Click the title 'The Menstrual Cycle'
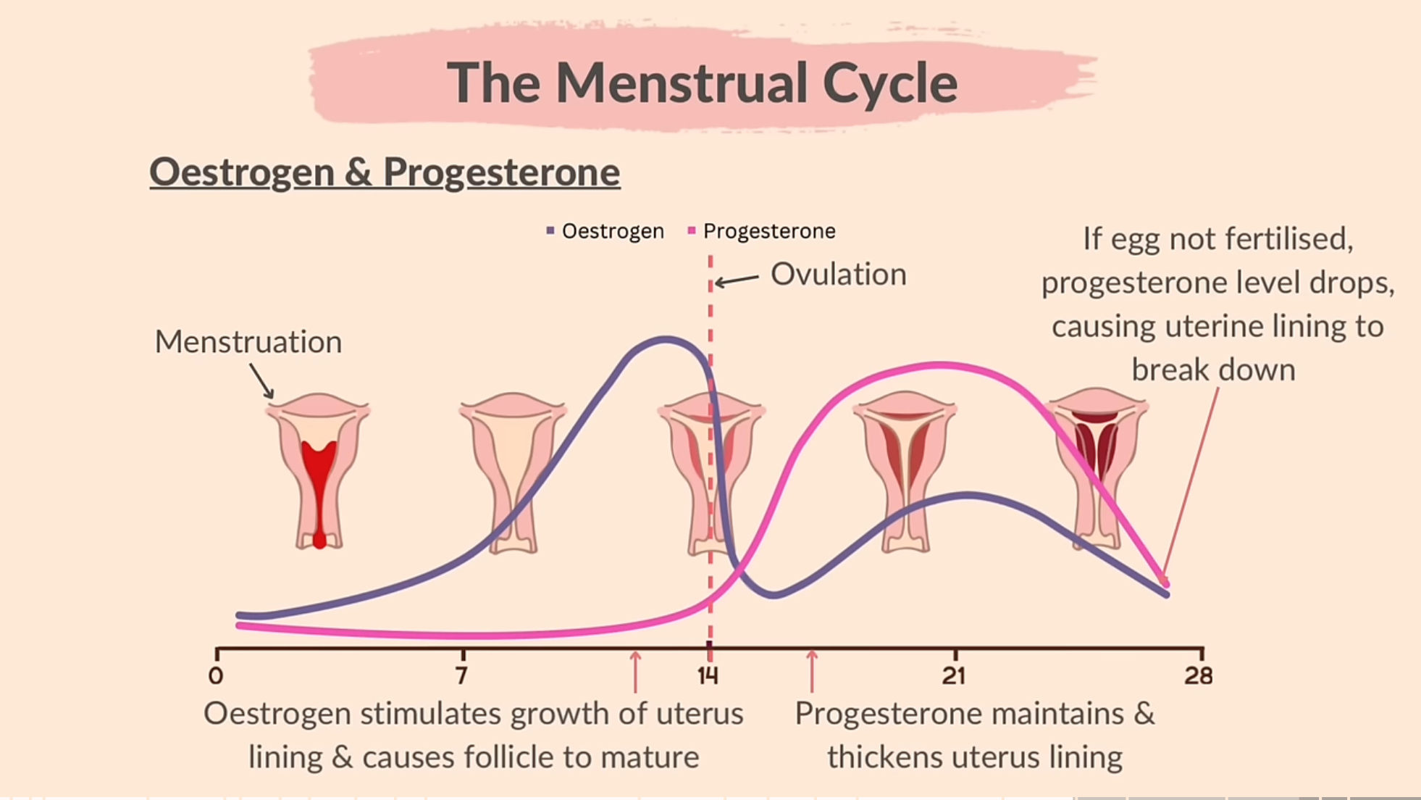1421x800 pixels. click(x=702, y=82)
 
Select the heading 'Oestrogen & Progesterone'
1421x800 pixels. click(x=385, y=172)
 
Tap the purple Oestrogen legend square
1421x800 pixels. click(x=550, y=230)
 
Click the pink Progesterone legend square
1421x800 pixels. click(x=692, y=230)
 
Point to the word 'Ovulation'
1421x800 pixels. click(x=838, y=275)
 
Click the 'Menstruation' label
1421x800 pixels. click(x=248, y=342)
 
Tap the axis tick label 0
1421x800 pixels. click(x=216, y=676)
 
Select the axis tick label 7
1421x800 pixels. click(x=462, y=676)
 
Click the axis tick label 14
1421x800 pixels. click(x=708, y=676)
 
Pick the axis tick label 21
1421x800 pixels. click(x=954, y=676)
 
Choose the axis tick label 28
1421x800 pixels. click(x=1199, y=676)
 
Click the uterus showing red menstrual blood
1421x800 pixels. click(x=319, y=471)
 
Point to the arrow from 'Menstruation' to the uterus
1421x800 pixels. click(x=262, y=380)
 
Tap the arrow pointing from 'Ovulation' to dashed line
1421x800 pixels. click(x=737, y=280)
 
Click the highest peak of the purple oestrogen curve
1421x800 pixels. click(x=665, y=338)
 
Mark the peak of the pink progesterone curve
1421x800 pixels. click(x=939, y=364)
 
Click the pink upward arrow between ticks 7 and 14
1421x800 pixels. click(x=635, y=671)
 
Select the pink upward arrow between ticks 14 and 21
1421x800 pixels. click(x=812, y=671)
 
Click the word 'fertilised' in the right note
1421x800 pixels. click(x=1300, y=239)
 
